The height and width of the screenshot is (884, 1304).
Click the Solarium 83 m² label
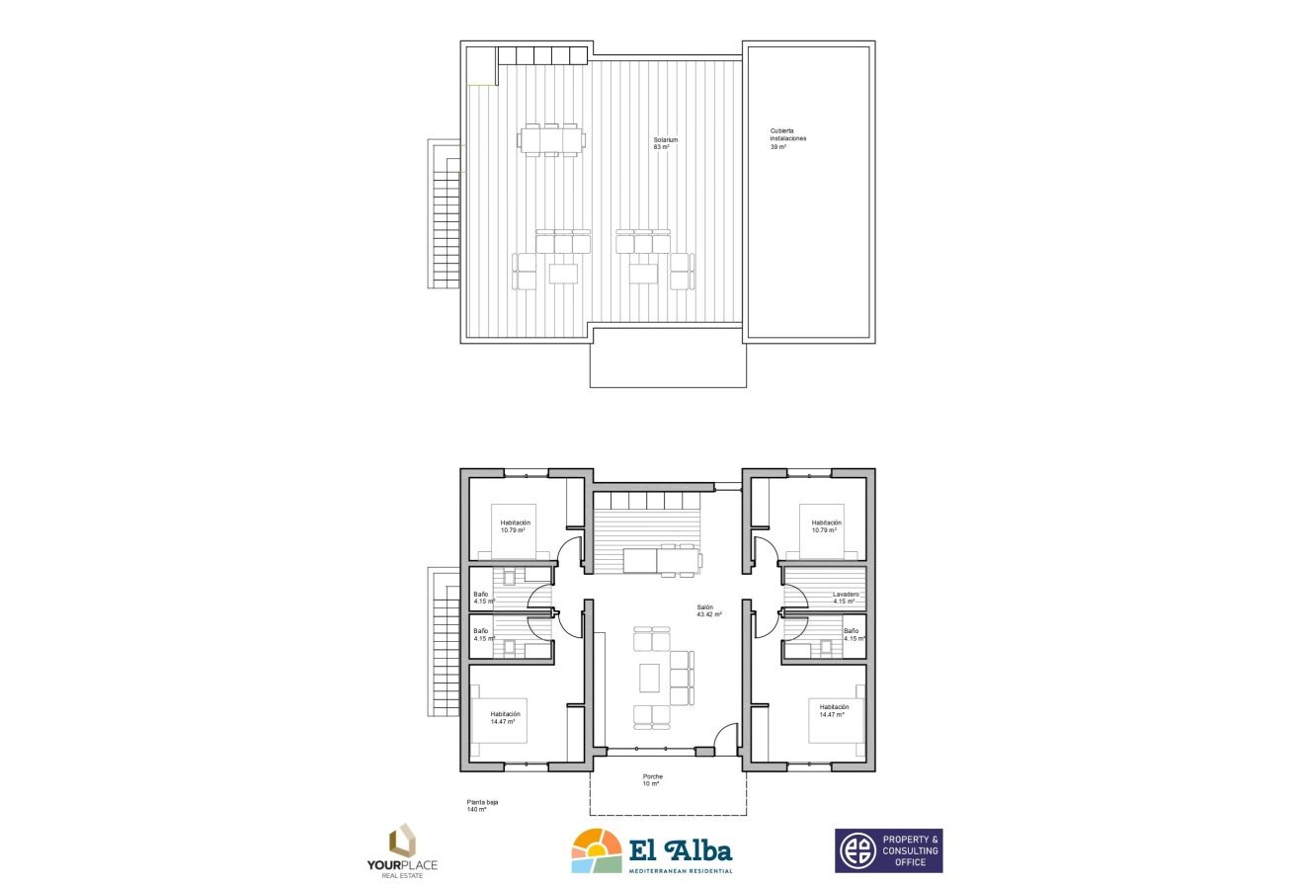pos(665,143)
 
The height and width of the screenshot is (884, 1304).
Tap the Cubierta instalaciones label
pos(787,138)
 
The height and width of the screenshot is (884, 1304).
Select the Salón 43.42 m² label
pos(708,611)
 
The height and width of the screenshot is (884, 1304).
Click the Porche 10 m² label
pos(652,780)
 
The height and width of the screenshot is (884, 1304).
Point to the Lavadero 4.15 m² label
pos(846,598)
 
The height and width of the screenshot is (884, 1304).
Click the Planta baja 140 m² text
pos(482,805)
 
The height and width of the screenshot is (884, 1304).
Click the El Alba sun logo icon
pos(596,850)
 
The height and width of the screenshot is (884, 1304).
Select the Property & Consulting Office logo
pos(888,850)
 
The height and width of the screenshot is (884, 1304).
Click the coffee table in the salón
pos(649,678)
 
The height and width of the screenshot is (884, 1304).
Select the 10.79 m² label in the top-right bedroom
pos(826,526)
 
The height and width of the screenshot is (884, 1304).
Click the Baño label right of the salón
pos(851,634)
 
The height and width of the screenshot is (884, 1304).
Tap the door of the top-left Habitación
pos(570,552)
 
